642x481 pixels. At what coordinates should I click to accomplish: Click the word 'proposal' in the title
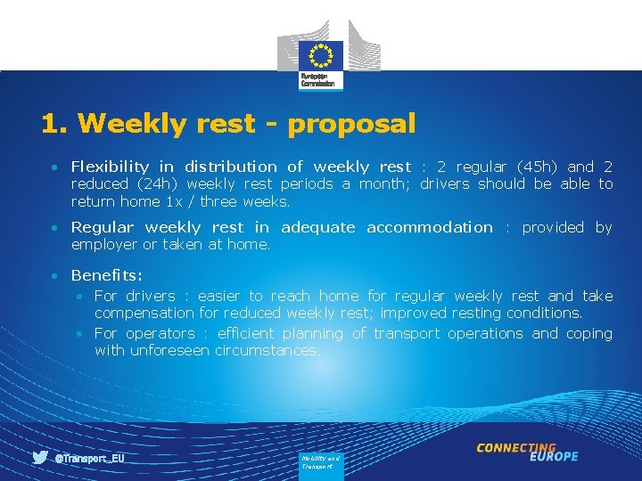(x=351, y=124)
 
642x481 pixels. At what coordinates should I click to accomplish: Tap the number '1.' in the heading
(x=53, y=124)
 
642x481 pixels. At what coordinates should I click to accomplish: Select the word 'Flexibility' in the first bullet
(x=110, y=167)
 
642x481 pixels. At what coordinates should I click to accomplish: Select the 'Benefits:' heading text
(x=106, y=275)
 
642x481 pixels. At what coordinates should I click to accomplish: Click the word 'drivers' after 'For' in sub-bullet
(x=150, y=296)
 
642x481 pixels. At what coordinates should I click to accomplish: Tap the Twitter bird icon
(x=40, y=458)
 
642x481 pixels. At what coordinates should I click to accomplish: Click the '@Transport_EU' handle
(x=89, y=458)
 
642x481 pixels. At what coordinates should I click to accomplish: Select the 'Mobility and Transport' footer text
(x=319, y=461)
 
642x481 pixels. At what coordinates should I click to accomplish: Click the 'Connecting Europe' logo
(x=527, y=452)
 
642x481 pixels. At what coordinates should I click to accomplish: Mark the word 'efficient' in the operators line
(x=244, y=333)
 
